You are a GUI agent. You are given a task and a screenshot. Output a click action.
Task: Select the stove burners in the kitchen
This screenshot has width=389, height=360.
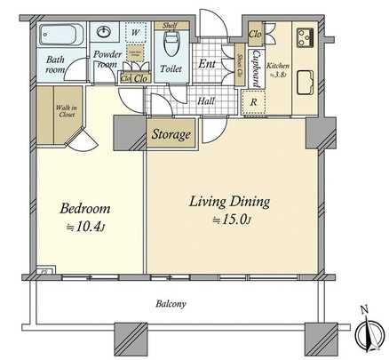click(x=306, y=37)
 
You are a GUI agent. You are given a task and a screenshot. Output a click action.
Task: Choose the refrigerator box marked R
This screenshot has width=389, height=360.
click(x=255, y=102)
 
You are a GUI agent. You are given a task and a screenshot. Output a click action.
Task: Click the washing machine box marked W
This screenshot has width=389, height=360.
click(x=136, y=34)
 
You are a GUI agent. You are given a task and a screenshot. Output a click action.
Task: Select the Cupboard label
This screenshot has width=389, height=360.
click(x=256, y=67)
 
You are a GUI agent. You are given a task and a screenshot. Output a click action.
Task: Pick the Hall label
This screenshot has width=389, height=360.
click(x=207, y=101)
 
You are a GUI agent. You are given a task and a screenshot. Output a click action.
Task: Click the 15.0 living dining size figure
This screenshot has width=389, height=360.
click(x=233, y=220)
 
